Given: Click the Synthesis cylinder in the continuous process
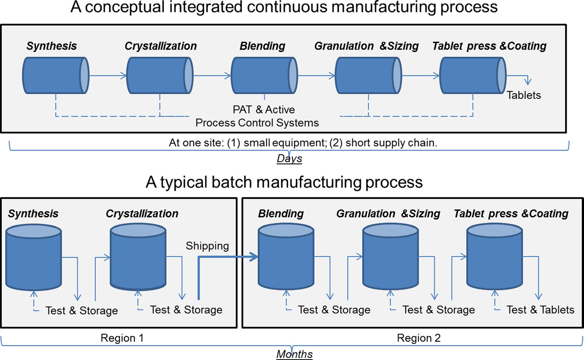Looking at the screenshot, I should click(x=55, y=75).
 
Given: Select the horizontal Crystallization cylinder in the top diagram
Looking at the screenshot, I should click(x=159, y=75).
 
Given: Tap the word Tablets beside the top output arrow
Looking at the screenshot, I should click(x=524, y=95).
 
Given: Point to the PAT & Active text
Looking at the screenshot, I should click(x=264, y=110).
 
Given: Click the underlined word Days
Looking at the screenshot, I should click(x=290, y=159).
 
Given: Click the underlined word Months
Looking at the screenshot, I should click(x=294, y=354).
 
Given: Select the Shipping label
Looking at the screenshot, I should click(x=207, y=246).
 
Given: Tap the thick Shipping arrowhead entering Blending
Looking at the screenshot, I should click(x=253, y=257).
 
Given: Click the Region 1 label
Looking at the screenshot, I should click(x=122, y=338).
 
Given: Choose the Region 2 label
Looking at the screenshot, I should click(x=419, y=338).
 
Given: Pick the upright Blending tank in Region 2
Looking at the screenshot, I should click(x=286, y=257).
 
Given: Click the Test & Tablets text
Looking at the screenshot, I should click(x=540, y=310).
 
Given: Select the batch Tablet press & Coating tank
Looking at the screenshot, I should click(x=495, y=257).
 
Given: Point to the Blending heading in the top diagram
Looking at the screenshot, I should click(x=262, y=46).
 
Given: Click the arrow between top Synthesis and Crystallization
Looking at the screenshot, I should click(x=108, y=76).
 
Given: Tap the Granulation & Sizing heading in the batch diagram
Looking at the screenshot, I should click(x=388, y=214).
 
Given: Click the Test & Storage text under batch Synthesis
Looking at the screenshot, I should click(x=81, y=311).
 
